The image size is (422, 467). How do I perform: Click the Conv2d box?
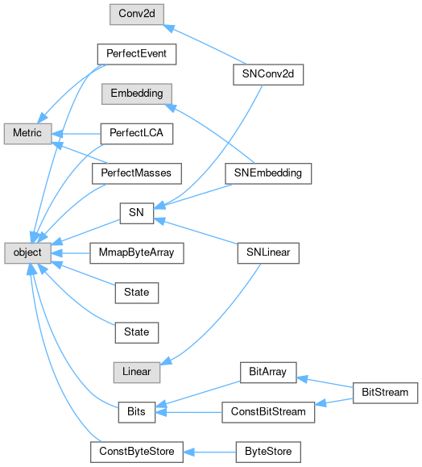click(136, 15)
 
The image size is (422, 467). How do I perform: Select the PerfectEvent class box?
click(136, 54)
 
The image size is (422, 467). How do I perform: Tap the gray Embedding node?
click(136, 94)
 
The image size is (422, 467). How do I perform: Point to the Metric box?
click(27, 134)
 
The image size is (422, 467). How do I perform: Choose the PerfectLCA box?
click(136, 134)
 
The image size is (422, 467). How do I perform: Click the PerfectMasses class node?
click(136, 173)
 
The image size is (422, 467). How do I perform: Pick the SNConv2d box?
click(268, 74)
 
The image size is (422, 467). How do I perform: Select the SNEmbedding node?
click(268, 173)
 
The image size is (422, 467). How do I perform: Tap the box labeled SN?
click(136, 213)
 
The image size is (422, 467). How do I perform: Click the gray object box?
click(27, 253)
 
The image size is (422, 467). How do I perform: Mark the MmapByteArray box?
click(136, 253)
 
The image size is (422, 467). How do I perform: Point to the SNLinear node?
click(268, 253)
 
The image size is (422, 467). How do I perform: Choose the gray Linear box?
click(136, 373)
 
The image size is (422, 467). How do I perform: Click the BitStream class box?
click(385, 393)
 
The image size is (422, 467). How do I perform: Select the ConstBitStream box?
click(268, 412)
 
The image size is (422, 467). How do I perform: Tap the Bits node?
click(136, 412)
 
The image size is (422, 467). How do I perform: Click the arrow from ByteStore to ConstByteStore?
click(209, 452)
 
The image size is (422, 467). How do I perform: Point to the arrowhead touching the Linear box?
click(166, 361)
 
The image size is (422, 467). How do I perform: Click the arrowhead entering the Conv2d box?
click(168, 28)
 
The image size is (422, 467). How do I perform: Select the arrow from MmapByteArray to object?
click(71, 253)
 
